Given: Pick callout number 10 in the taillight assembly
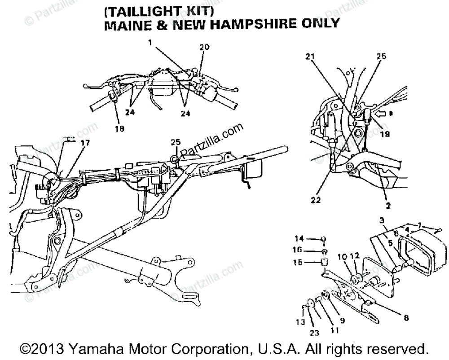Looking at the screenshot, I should pyautogui.click(x=342, y=256).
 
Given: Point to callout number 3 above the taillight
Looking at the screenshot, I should pyautogui.click(x=381, y=220).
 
